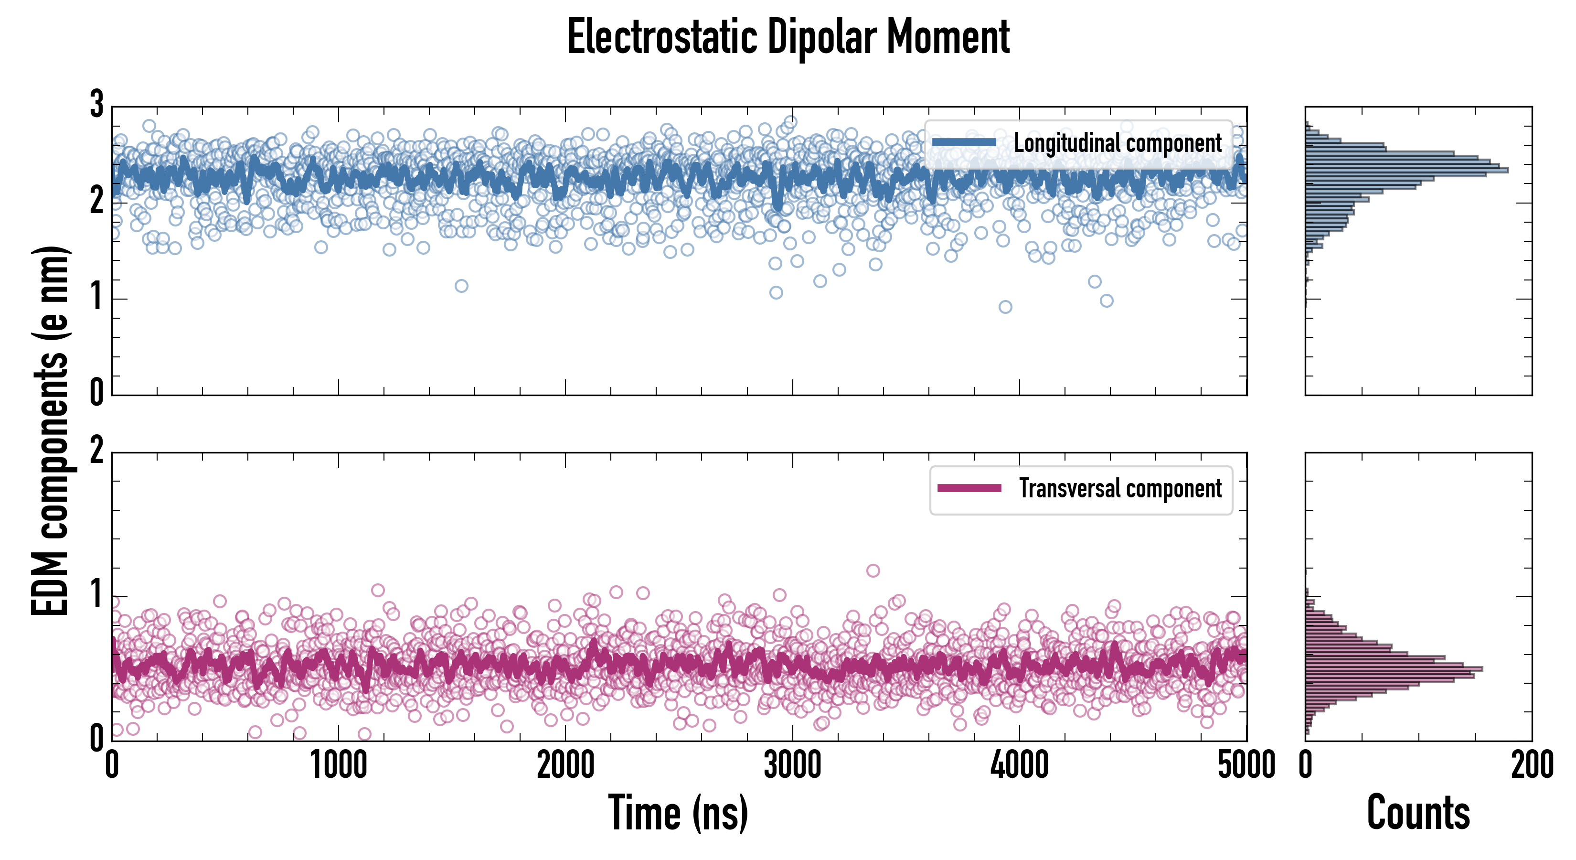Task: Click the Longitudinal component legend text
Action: [x=1117, y=143]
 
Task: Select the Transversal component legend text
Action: [x=1119, y=488]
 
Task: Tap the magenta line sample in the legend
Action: [x=969, y=488]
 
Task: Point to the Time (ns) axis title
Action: [x=678, y=813]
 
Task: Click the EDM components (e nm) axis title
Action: [x=50, y=431]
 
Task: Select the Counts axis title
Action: [x=1418, y=813]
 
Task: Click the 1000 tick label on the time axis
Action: [x=338, y=765]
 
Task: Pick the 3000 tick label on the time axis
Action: [x=792, y=765]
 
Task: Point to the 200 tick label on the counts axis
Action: [x=1532, y=765]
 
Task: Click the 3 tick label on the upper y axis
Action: [x=96, y=105]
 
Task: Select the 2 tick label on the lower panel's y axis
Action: [x=96, y=451]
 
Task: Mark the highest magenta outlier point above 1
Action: [x=873, y=570]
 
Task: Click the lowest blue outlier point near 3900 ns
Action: [x=1005, y=307]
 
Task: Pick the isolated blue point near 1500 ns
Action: [x=461, y=286]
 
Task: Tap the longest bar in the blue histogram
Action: [x=1407, y=170]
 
